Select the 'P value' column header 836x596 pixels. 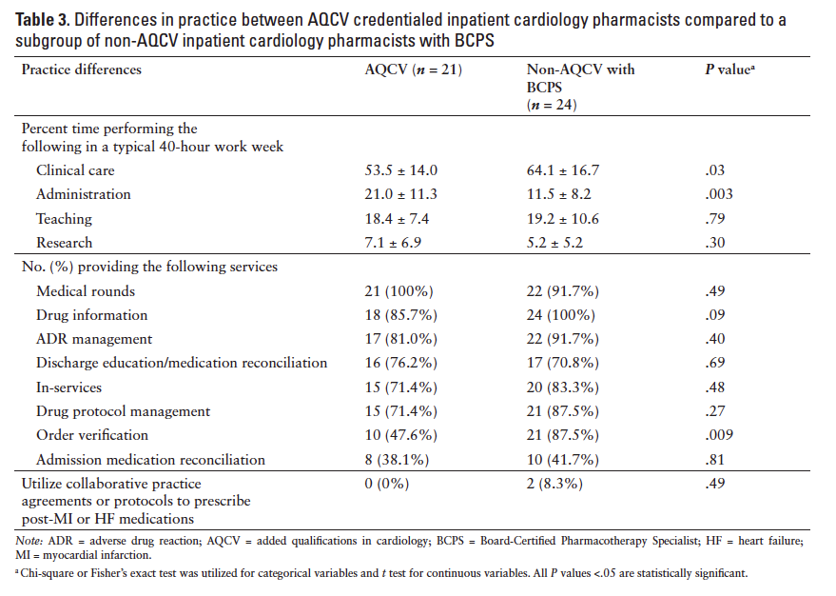tap(728, 70)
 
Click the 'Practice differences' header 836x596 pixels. tap(81, 70)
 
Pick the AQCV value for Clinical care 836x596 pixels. tap(401, 170)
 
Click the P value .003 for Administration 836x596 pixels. tap(712, 194)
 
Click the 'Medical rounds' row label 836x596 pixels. tap(86, 291)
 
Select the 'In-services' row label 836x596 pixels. tap(69, 387)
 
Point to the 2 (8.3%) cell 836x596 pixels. tap(555, 484)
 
